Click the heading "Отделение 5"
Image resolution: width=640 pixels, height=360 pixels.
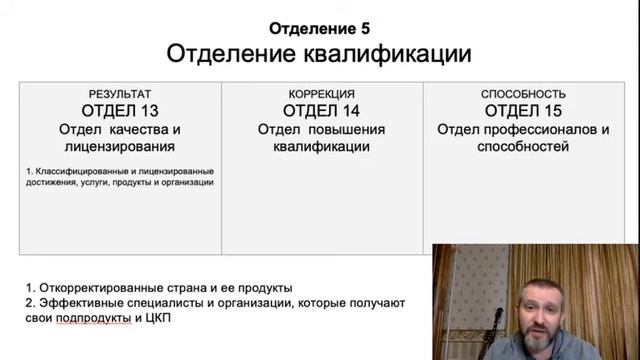click(x=319, y=27)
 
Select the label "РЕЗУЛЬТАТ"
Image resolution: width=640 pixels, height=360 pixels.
click(x=120, y=94)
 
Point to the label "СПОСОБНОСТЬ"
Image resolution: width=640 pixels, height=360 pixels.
click(x=523, y=94)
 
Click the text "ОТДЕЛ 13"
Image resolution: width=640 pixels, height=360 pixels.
click(x=120, y=111)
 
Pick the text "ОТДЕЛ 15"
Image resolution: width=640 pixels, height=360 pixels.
click(x=523, y=111)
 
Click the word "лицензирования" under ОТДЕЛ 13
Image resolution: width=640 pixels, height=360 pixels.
click(x=120, y=147)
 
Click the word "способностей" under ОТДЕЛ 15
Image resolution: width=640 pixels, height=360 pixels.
click(x=523, y=147)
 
